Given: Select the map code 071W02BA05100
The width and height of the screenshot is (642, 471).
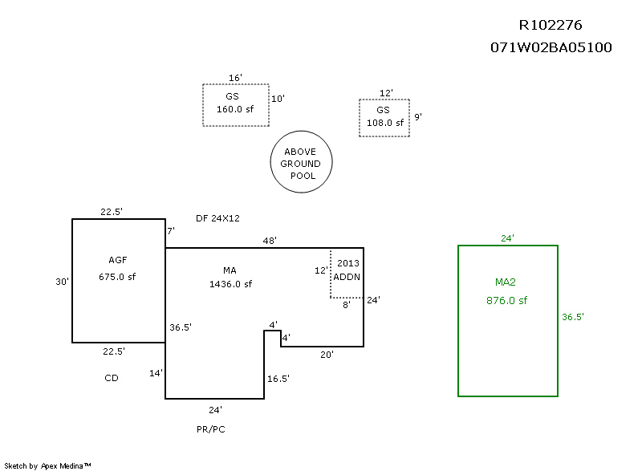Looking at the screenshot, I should (551, 47).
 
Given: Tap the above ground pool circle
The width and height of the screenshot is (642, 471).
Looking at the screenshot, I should (301, 163).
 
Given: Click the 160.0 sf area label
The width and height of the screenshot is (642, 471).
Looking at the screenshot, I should (235, 110).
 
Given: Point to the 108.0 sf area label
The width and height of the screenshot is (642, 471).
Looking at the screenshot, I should (384, 123).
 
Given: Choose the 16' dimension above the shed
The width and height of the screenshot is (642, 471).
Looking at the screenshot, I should (235, 78).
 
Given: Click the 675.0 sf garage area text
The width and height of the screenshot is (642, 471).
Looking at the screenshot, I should (118, 275).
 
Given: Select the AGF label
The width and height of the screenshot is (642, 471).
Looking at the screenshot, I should (118, 260).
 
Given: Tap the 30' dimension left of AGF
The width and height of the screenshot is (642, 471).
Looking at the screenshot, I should (62, 282).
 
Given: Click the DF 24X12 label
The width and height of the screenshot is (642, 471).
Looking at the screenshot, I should (217, 218).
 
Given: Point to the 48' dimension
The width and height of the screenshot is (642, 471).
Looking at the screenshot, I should (270, 240).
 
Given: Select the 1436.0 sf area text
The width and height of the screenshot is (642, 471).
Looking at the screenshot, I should (230, 284).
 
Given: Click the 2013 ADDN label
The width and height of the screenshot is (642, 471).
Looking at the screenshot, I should (347, 270).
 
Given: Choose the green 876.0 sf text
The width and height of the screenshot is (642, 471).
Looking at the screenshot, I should (506, 301).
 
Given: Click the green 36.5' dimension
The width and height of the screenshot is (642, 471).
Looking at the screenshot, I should (572, 317).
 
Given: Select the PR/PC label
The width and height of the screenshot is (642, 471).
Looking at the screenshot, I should (211, 429).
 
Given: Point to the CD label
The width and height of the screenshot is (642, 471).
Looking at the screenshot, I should (112, 378).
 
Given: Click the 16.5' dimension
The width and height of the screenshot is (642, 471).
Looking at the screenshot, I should (278, 379).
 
